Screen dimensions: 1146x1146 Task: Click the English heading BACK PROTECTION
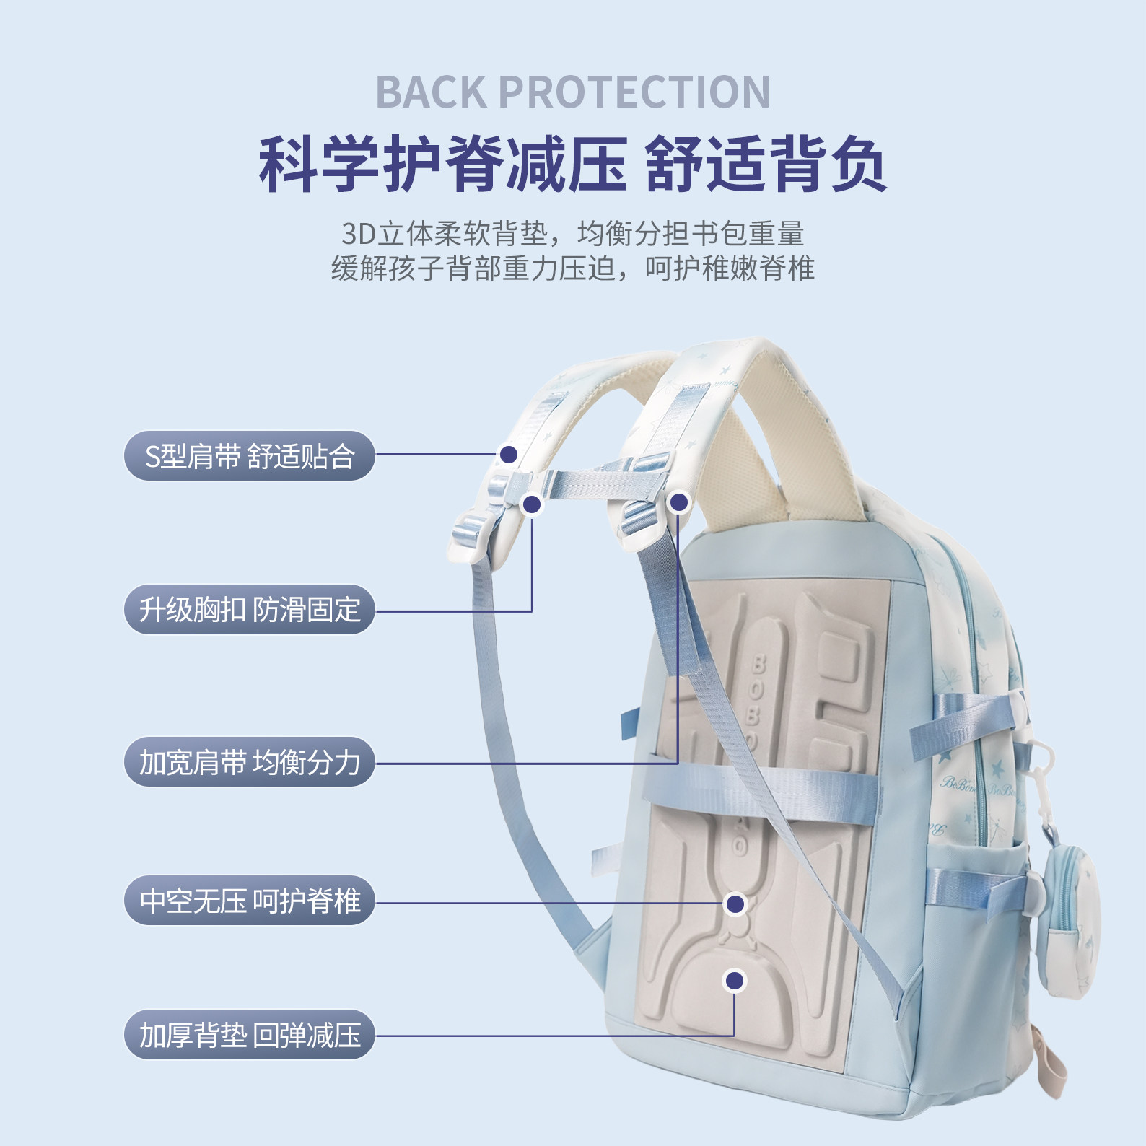point(573,92)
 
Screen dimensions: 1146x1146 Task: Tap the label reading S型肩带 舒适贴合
point(250,456)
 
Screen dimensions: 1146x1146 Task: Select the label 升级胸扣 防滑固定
point(250,610)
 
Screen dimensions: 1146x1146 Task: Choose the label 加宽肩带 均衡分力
point(250,762)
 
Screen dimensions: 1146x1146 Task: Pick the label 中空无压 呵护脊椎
point(250,901)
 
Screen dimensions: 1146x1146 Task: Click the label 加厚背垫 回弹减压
point(250,1035)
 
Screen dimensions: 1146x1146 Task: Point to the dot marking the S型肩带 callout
point(509,454)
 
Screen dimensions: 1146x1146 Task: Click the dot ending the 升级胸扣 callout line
point(532,504)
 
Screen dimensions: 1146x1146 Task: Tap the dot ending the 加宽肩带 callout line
point(679,502)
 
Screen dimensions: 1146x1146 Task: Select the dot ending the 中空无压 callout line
point(735,904)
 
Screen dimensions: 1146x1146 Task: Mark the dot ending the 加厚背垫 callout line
point(735,980)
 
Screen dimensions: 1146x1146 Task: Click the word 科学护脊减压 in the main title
point(442,164)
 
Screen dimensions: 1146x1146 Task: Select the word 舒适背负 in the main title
point(765,164)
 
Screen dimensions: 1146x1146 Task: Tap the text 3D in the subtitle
point(359,234)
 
